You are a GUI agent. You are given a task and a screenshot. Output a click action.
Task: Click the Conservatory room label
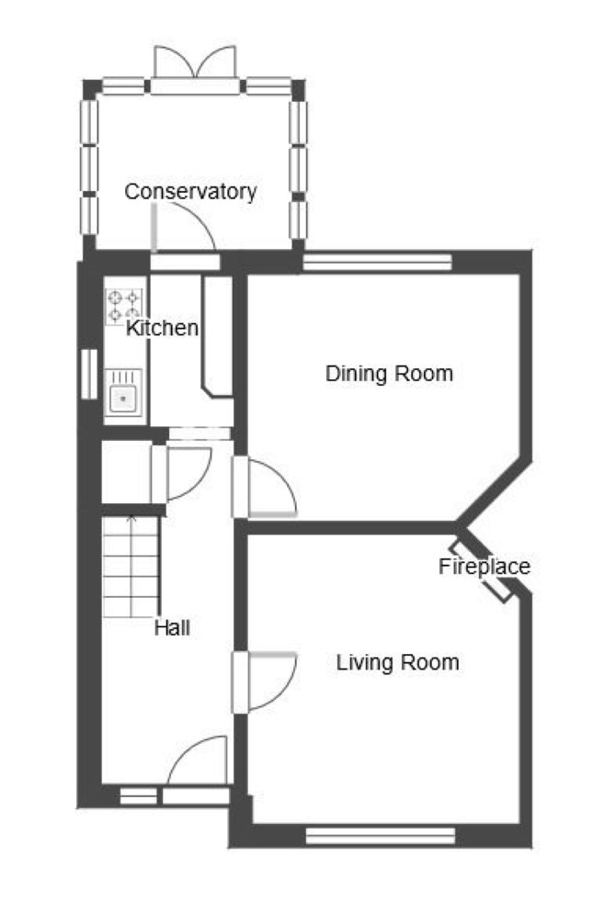pyautogui.click(x=190, y=192)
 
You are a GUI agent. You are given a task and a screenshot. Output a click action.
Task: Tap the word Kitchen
pyautogui.click(x=162, y=328)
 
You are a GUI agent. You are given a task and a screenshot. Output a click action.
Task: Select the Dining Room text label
pyautogui.click(x=389, y=373)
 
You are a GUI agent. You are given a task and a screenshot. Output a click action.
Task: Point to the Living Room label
pyautogui.click(x=397, y=662)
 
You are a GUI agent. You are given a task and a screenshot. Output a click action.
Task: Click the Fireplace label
pyautogui.click(x=484, y=567)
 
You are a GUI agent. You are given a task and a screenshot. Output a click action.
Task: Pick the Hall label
pyautogui.click(x=172, y=627)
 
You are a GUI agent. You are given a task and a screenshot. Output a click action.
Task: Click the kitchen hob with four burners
pyautogui.click(x=124, y=307)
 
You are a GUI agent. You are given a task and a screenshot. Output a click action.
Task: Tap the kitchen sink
pyautogui.click(x=123, y=393)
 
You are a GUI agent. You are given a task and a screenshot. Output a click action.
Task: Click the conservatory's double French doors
pyautogui.click(x=195, y=62)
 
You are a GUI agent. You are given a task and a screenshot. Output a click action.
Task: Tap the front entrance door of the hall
pyautogui.click(x=198, y=760)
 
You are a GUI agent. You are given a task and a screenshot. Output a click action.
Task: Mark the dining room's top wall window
pyautogui.click(x=377, y=261)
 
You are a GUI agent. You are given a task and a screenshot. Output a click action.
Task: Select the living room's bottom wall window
pyautogui.click(x=381, y=835)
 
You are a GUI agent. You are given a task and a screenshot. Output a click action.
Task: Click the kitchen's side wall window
pyautogui.click(x=89, y=375)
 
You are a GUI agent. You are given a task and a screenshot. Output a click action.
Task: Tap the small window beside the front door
pyautogui.click(x=139, y=796)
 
